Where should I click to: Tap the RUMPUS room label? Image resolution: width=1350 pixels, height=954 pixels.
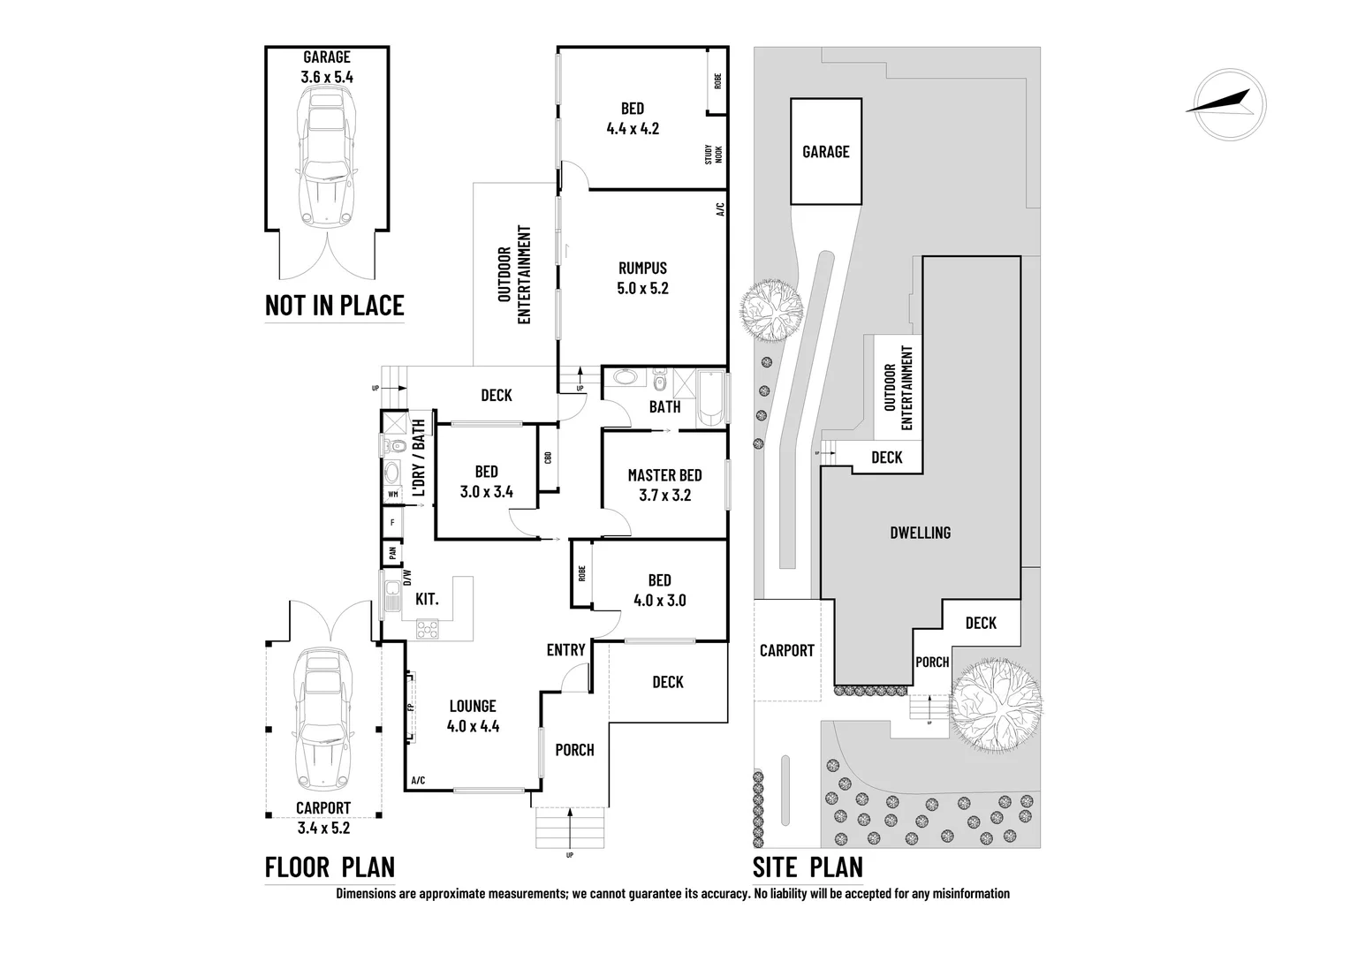pos(642,277)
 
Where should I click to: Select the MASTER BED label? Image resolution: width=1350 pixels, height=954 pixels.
pos(664,485)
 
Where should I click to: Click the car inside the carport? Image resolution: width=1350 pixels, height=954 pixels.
pos(323,719)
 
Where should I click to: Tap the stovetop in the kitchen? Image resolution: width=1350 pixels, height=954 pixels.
pos(429,629)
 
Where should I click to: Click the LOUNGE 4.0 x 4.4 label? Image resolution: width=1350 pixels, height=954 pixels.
pos(473,715)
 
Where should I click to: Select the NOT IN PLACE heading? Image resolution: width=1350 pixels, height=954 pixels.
pos(334,305)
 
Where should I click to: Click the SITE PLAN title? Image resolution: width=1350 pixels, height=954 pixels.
pos(807,867)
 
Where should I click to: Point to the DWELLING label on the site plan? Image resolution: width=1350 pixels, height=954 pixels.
pos(920,533)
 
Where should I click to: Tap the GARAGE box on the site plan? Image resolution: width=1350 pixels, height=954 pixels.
pos(825,152)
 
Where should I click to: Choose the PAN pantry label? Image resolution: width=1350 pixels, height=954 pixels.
pos(392,554)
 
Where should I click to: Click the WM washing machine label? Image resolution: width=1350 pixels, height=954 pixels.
pos(392,494)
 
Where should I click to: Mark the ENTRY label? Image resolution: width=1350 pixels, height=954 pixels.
pos(565,650)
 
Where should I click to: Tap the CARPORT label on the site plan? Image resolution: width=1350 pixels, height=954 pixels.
pos(786,651)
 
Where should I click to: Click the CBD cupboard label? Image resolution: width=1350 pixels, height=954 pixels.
pos(548,458)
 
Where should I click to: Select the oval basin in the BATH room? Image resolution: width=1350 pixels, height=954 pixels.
pos(624,379)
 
